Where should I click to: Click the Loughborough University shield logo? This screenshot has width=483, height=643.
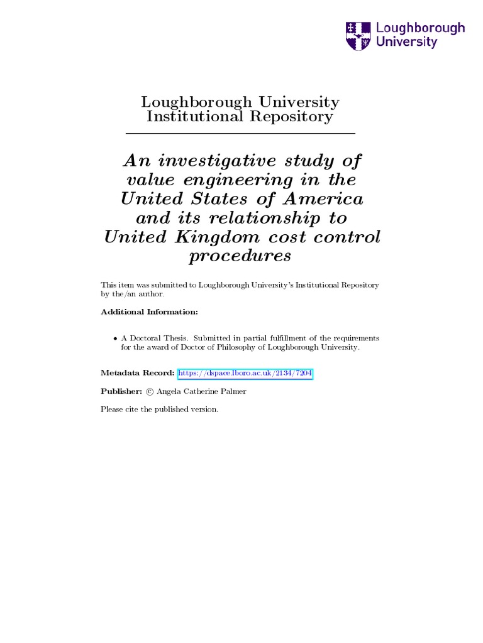(x=358, y=36)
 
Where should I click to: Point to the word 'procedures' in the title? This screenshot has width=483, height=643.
(x=240, y=256)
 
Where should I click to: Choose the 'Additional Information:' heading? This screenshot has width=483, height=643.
(x=149, y=312)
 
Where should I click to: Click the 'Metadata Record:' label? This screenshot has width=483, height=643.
(x=138, y=374)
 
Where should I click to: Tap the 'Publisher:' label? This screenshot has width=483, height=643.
(x=121, y=391)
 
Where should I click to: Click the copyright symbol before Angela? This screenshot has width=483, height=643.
(x=149, y=391)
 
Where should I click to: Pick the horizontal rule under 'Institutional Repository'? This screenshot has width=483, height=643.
(x=241, y=134)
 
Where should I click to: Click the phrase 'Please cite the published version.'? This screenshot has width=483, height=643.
(x=160, y=409)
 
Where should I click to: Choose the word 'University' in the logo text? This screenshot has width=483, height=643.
(x=406, y=42)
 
